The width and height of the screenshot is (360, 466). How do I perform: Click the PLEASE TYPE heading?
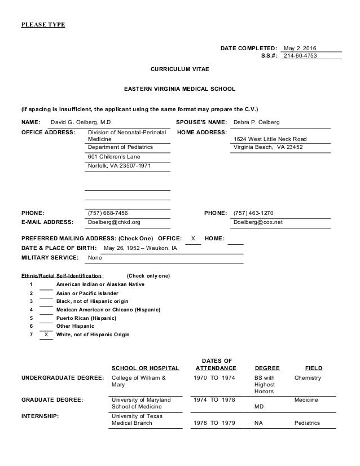click(x=43, y=25)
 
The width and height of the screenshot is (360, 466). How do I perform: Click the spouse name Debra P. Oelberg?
click(x=257, y=122)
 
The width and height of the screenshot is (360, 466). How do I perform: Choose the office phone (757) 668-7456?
click(x=108, y=213)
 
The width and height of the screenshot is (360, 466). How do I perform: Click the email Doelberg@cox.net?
click(x=258, y=222)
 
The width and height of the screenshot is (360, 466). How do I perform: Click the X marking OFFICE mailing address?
click(x=194, y=239)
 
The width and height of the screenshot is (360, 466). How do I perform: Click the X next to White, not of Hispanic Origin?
click(x=46, y=335)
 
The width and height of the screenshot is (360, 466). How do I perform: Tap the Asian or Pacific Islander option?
click(x=87, y=294)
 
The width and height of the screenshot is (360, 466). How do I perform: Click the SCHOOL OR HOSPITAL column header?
click(x=146, y=368)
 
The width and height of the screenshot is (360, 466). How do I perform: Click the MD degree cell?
click(x=260, y=406)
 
